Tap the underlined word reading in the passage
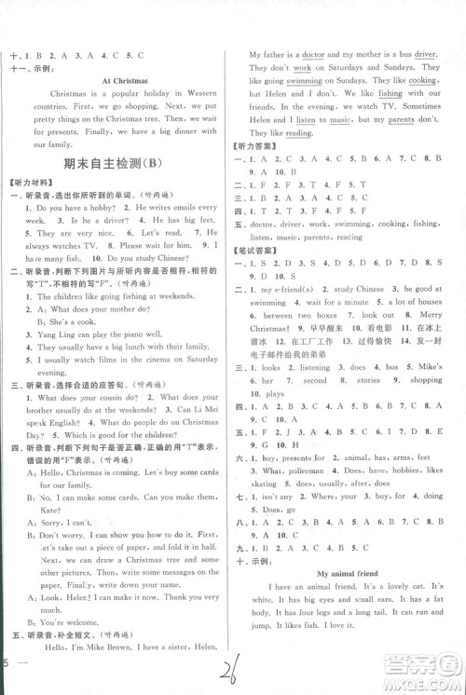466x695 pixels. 298,134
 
